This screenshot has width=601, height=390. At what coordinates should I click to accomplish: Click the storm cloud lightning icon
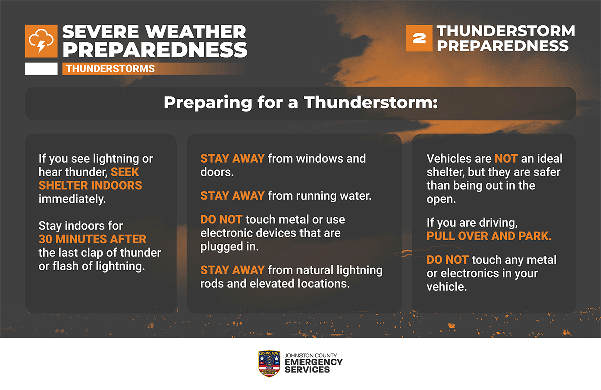(41, 41)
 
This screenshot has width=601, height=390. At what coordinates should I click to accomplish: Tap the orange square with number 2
(419, 38)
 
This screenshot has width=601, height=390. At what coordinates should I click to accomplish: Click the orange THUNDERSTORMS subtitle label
(110, 69)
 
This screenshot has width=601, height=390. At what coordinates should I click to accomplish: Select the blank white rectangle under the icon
(41, 69)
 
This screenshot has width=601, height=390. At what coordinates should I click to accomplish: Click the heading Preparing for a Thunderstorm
(300, 103)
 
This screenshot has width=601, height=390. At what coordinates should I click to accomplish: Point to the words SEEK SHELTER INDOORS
(90, 179)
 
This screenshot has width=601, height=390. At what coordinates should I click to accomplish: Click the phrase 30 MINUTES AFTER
(92, 239)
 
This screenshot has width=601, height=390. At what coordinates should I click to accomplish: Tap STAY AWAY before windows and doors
(232, 159)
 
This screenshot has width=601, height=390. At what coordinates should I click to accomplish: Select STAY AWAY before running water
(232, 196)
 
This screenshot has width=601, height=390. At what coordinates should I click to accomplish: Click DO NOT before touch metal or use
(221, 219)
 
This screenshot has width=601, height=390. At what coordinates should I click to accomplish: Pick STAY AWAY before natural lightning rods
(232, 270)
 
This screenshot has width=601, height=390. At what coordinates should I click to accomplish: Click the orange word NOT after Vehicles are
(506, 159)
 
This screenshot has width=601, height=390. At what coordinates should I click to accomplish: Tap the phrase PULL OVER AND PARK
(489, 236)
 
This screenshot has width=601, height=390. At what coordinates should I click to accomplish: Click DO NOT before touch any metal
(448, 260)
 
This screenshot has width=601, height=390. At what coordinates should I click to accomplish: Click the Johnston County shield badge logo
(269, 363)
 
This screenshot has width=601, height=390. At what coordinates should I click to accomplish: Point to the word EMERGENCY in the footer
(314, 362)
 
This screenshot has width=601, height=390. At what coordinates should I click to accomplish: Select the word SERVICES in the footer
(307, 370)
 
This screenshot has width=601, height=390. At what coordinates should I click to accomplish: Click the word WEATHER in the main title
(196, 32)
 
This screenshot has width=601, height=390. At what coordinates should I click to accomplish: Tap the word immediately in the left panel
(72, 199)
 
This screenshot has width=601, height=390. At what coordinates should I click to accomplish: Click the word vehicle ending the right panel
(447, 287)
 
